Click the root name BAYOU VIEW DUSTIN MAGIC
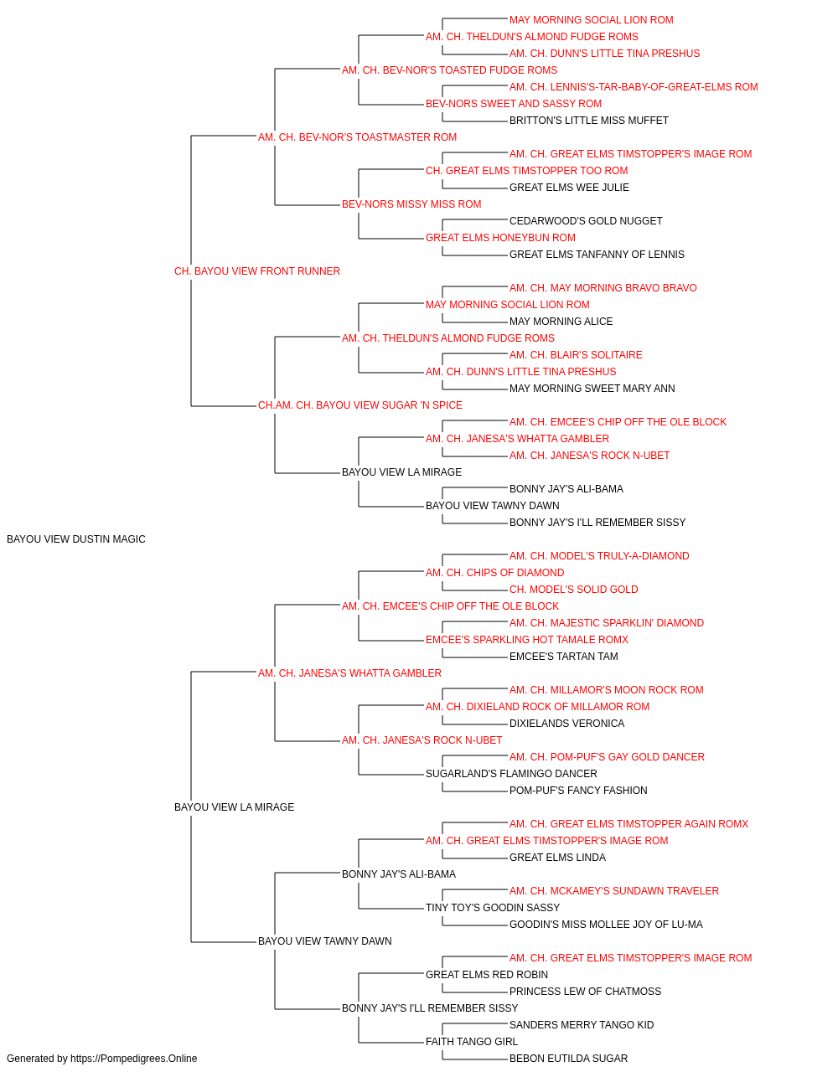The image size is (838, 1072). click(76, 539)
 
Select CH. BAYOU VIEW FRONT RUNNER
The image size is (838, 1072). click(257, 271)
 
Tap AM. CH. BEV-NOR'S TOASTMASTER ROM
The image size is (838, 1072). click(357, 137)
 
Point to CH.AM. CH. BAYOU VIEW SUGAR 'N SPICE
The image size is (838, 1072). click(360, 405)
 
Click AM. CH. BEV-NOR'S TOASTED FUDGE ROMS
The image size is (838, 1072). click(450, 70)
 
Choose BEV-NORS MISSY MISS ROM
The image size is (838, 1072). click(411, 204)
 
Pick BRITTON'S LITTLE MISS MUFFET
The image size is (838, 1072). click(589, 121)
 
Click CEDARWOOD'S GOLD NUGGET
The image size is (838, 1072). click(586, 221)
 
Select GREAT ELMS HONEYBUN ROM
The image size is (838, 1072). click(500, 238)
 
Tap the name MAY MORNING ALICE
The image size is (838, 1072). click(561, 322)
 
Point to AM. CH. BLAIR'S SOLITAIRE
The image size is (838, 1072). click(576, 355)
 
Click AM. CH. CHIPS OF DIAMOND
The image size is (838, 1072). click(495, 573)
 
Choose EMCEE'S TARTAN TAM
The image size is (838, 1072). click(564, 657)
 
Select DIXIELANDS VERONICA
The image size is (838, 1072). click(567, 724)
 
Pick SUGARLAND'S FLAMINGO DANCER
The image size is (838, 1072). click(511, 774)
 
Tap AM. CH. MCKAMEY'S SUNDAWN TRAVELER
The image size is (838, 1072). click(614, 891)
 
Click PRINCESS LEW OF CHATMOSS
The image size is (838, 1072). click(585, 992)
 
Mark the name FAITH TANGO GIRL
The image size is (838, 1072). click(472, 1042)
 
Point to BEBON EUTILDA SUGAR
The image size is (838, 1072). click(568, 1059)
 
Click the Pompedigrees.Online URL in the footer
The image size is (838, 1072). click(134, 1059)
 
